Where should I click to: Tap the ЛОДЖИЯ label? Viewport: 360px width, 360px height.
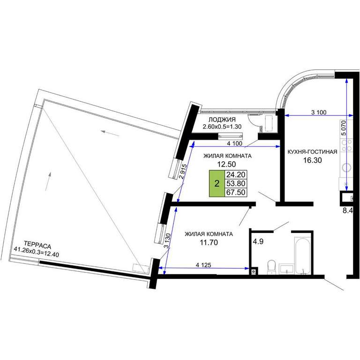(222, 120)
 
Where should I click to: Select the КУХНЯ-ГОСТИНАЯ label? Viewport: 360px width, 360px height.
(312, 152)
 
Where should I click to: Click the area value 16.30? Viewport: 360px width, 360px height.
(313, 160)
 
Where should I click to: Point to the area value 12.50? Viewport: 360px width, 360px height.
(227, 164)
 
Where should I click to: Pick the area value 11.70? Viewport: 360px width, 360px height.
(209, 242)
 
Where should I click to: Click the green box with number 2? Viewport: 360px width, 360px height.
(217, 183)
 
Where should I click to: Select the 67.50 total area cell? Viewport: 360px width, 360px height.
(236, 192)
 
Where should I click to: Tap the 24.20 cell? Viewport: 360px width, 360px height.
(236, 174)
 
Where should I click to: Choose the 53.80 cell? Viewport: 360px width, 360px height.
(236, 183)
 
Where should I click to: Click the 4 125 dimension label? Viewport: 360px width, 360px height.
(203, 265)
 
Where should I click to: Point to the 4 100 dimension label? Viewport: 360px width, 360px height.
(234, 143)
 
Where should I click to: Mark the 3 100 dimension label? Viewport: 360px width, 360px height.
(319, 112)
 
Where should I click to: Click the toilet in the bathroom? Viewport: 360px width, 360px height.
(271, 267)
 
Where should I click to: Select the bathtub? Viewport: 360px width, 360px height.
(303, 256)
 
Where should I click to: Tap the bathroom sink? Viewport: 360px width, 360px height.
(286, 269)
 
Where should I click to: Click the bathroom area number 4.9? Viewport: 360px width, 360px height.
(258, 241)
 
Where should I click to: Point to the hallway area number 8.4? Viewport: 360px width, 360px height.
(348, 210)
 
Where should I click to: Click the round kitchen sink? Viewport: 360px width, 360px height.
(347, 167)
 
